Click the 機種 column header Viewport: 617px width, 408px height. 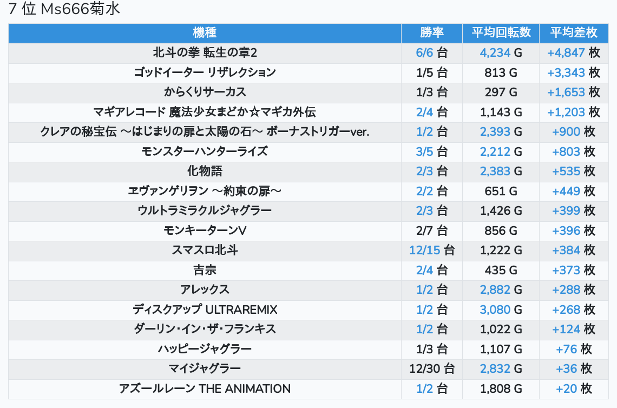(205, 32)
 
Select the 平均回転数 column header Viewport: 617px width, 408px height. (501, 32)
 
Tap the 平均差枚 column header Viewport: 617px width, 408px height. (574, 32)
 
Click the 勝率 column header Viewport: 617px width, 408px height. (432, 32)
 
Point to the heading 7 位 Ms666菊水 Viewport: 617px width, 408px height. (64, 10)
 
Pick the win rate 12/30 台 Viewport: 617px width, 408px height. (432, 368)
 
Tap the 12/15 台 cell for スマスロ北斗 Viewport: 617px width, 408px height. (432, 250)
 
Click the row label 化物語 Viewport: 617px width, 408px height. (205, 171)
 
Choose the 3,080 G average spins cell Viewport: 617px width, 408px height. (501, 310)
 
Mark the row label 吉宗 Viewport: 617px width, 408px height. (205, 270)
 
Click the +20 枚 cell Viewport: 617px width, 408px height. (574, 389)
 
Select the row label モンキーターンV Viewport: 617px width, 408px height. (205, 231)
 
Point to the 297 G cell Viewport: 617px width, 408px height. (501, 92)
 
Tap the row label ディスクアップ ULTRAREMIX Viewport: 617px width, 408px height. (205, 310)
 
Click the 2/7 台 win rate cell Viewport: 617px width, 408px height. (432, 231)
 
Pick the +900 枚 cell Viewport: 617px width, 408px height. (574, 131)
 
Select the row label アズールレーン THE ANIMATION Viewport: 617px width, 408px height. (205, 389)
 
